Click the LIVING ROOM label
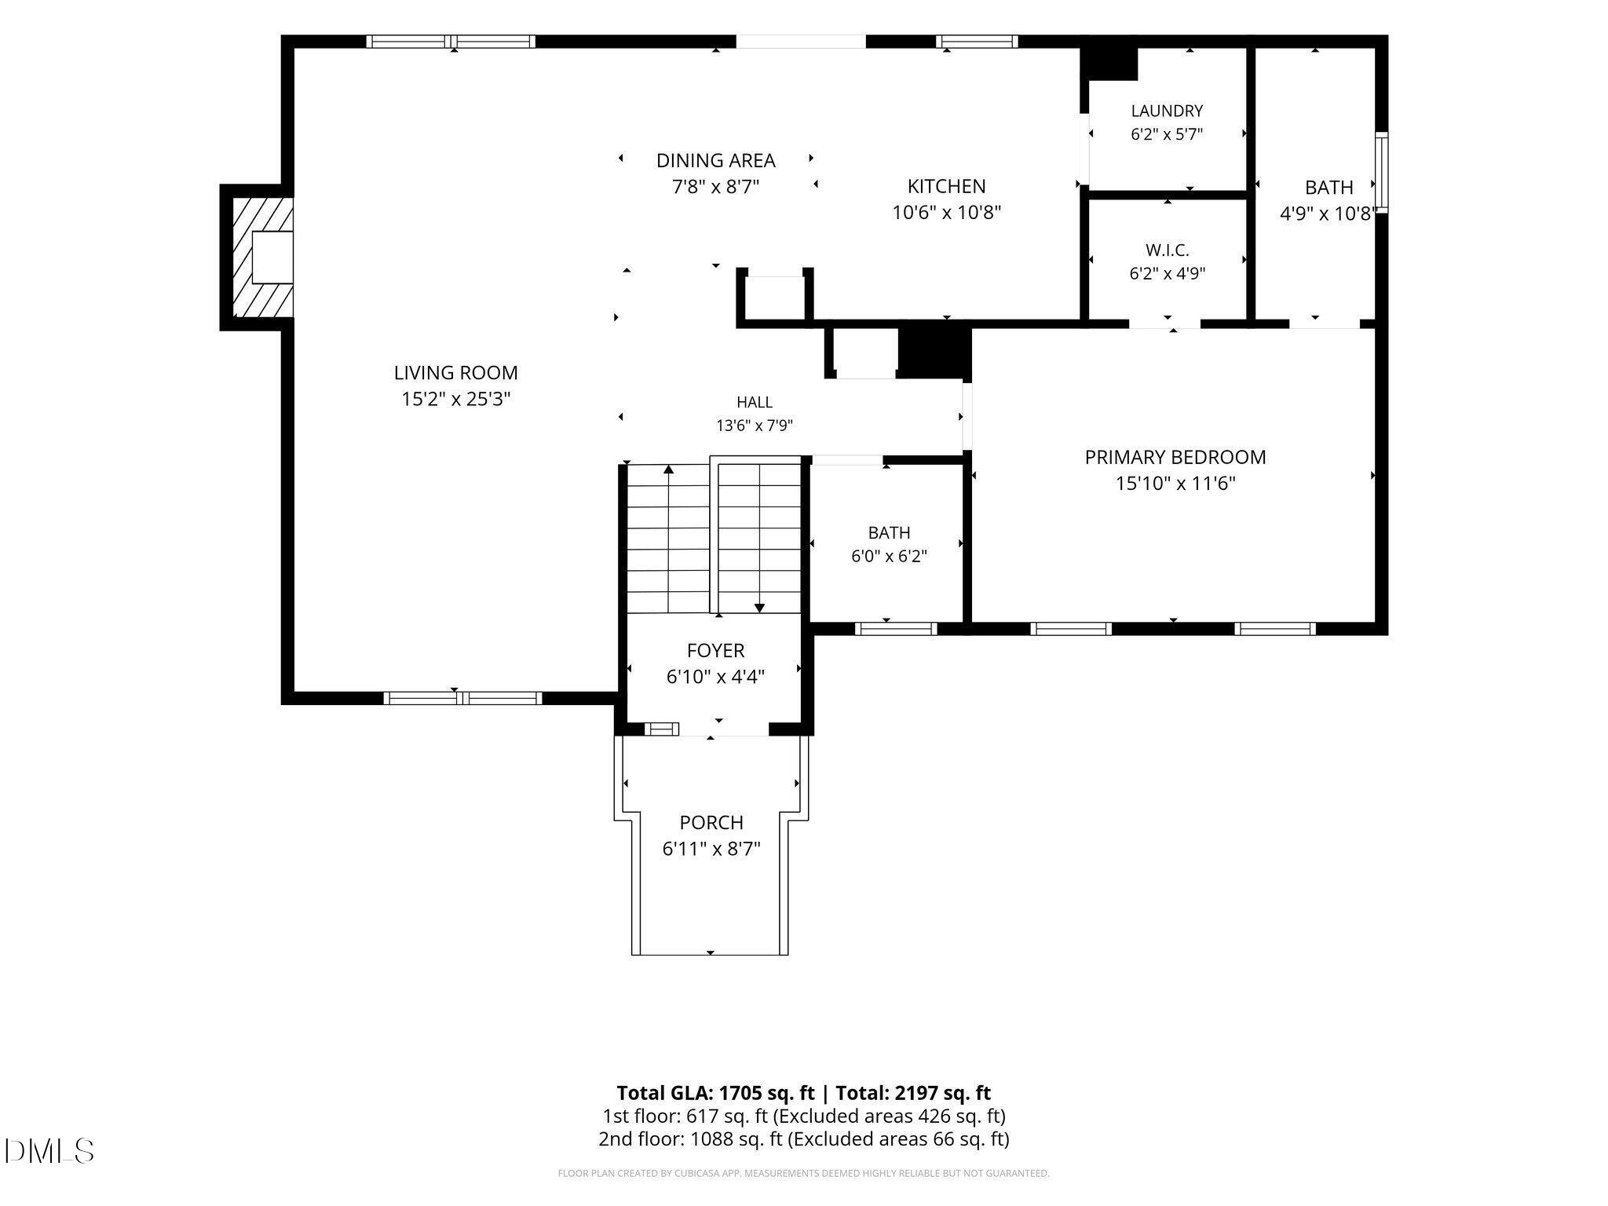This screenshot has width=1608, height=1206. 455,373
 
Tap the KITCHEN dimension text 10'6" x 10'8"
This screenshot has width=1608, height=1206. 947,212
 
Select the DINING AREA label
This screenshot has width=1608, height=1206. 715,161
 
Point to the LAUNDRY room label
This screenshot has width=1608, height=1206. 1167,111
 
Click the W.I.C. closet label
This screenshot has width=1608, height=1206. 1167,250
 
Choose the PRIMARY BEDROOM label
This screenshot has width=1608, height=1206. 1175,457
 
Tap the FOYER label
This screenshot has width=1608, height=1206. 715,651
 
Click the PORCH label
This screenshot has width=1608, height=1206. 711,823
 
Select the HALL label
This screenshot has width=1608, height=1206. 755,403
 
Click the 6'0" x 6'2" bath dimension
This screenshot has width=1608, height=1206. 890,557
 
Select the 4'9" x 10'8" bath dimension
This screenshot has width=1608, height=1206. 1328,214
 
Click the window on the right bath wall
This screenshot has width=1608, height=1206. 1382,172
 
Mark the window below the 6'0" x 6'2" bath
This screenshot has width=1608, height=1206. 896,628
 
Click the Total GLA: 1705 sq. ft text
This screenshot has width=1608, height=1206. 718,1093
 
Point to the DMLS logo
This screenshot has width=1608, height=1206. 49,1151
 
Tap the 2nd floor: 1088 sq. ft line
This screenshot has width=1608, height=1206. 804,1139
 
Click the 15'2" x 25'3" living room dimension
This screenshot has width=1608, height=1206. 456,399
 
